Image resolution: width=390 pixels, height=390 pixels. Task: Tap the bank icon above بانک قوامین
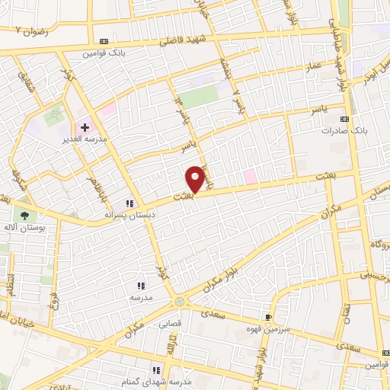pos(104,41)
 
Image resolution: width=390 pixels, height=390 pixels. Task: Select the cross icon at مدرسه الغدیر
pos(84,127)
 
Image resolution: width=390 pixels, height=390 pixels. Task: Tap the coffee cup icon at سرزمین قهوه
pos(268,317)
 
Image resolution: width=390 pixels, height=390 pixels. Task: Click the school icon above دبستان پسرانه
pos(129,203)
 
